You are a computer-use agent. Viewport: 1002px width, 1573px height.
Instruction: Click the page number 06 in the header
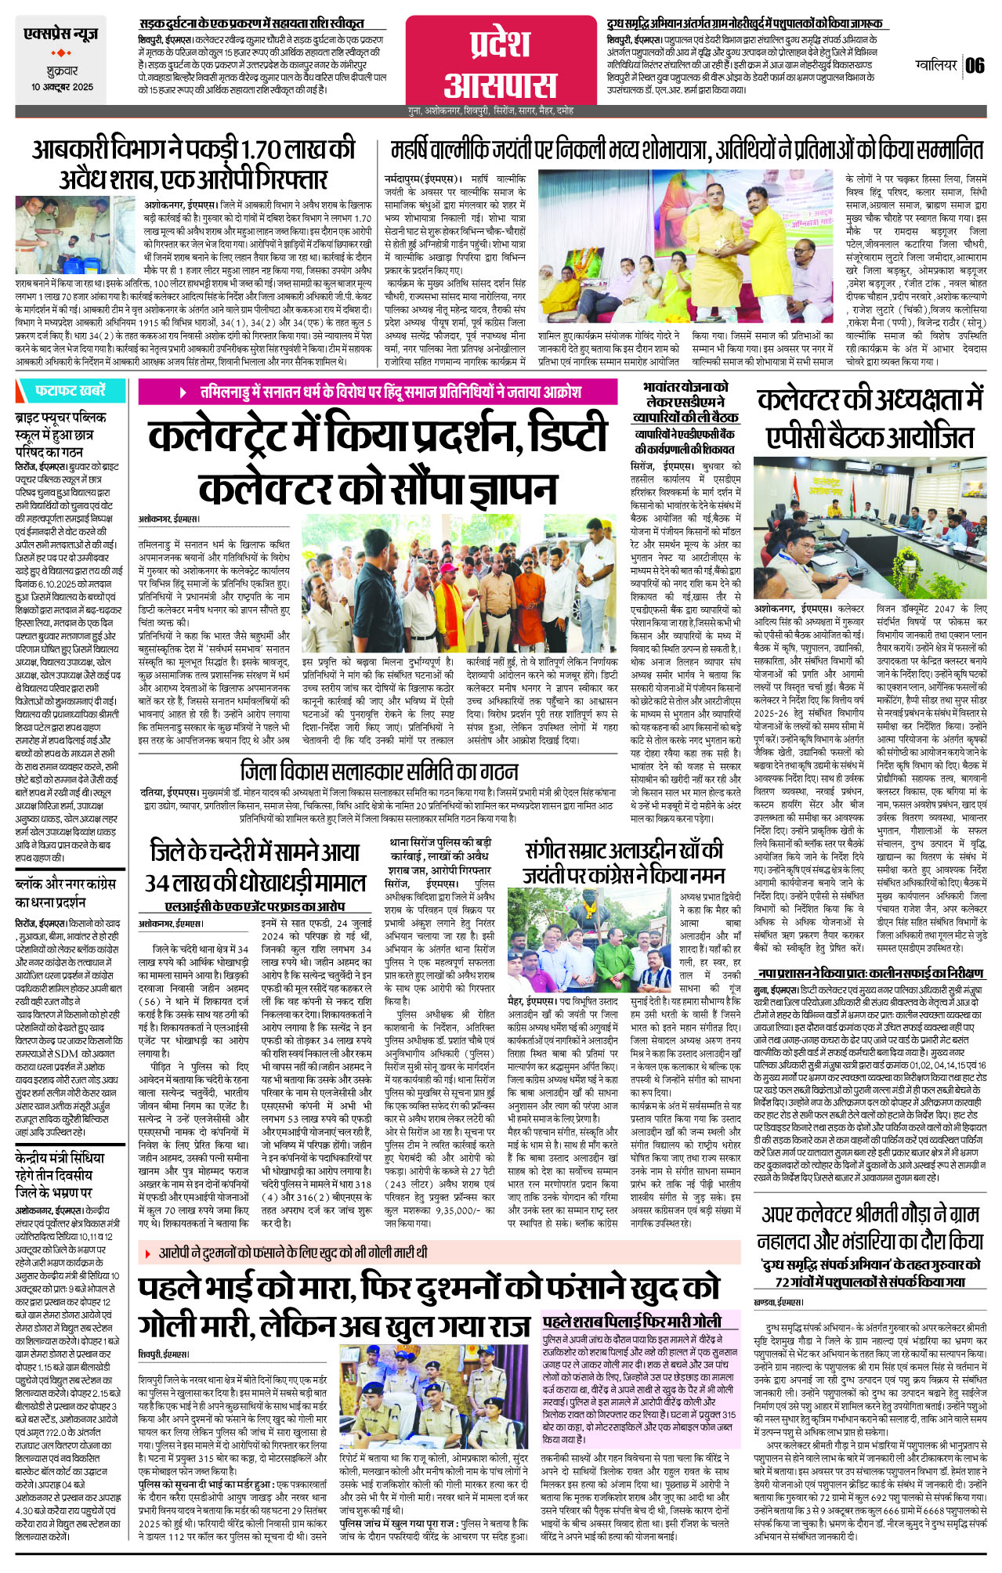pyautogui.click(x=975, y=65)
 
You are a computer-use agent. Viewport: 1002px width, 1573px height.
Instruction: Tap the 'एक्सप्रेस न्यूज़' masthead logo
pyautogui.click(x=60, y=34)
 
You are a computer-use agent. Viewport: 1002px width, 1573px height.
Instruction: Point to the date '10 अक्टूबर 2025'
pyautogui.click(x=62, y=87)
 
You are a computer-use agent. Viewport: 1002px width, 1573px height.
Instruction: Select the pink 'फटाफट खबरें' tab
pyautogui.click(x=70, y=390)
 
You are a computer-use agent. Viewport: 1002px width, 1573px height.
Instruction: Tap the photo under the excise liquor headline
pyautogui.click(x=77, y=235)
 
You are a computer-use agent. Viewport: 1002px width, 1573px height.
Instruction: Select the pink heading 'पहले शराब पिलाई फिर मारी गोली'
pyautogui.click(x=631, y=1320)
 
